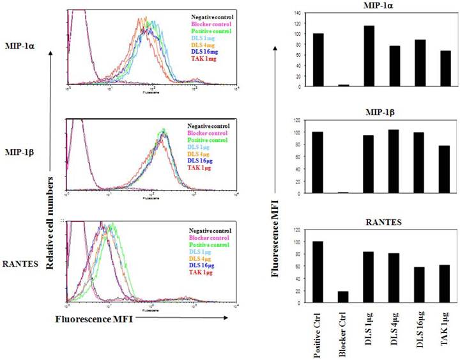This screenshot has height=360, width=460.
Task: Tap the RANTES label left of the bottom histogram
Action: click(20, 262)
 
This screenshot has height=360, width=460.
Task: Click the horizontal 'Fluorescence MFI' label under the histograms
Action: click(94, 318)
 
